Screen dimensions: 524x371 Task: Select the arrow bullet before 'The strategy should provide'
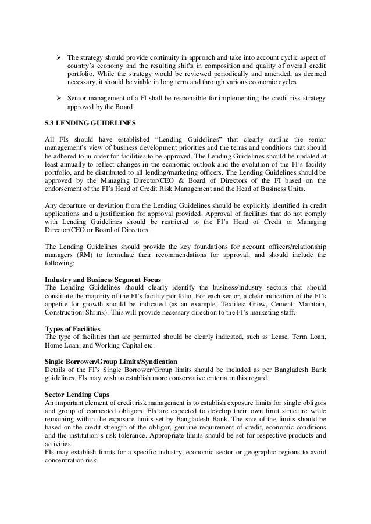[x=58, y=58]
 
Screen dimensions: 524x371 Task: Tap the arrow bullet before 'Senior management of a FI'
[x=58, y=98]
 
